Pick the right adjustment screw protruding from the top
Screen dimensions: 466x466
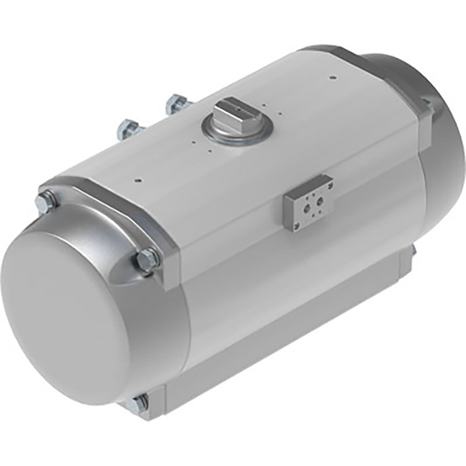click(177, 104)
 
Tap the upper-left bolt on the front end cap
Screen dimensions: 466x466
click(45, 203)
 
